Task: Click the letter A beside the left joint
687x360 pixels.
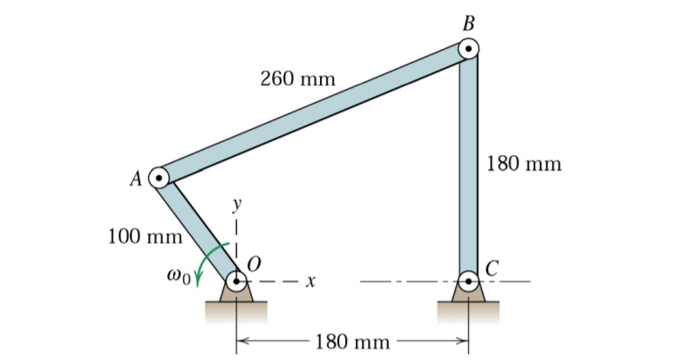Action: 136,180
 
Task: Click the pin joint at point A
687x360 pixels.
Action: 160,178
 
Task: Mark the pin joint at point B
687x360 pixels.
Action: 469,49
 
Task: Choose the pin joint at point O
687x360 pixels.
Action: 237,282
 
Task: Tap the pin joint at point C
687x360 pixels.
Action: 469,282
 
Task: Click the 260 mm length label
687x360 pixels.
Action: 297,79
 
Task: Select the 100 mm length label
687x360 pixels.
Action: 144,235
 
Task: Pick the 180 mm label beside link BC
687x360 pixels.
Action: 524,163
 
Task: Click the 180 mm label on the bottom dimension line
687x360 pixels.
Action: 352,341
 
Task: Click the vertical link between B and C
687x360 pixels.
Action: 469,166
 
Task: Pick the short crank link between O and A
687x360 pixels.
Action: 198,229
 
